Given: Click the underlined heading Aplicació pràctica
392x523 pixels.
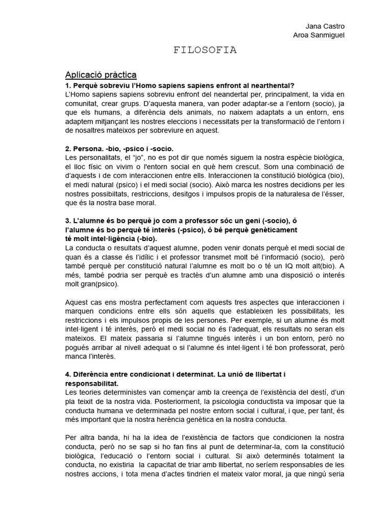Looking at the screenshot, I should coord(101,75).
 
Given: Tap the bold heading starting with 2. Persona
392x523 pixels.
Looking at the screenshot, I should coord(116,148).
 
